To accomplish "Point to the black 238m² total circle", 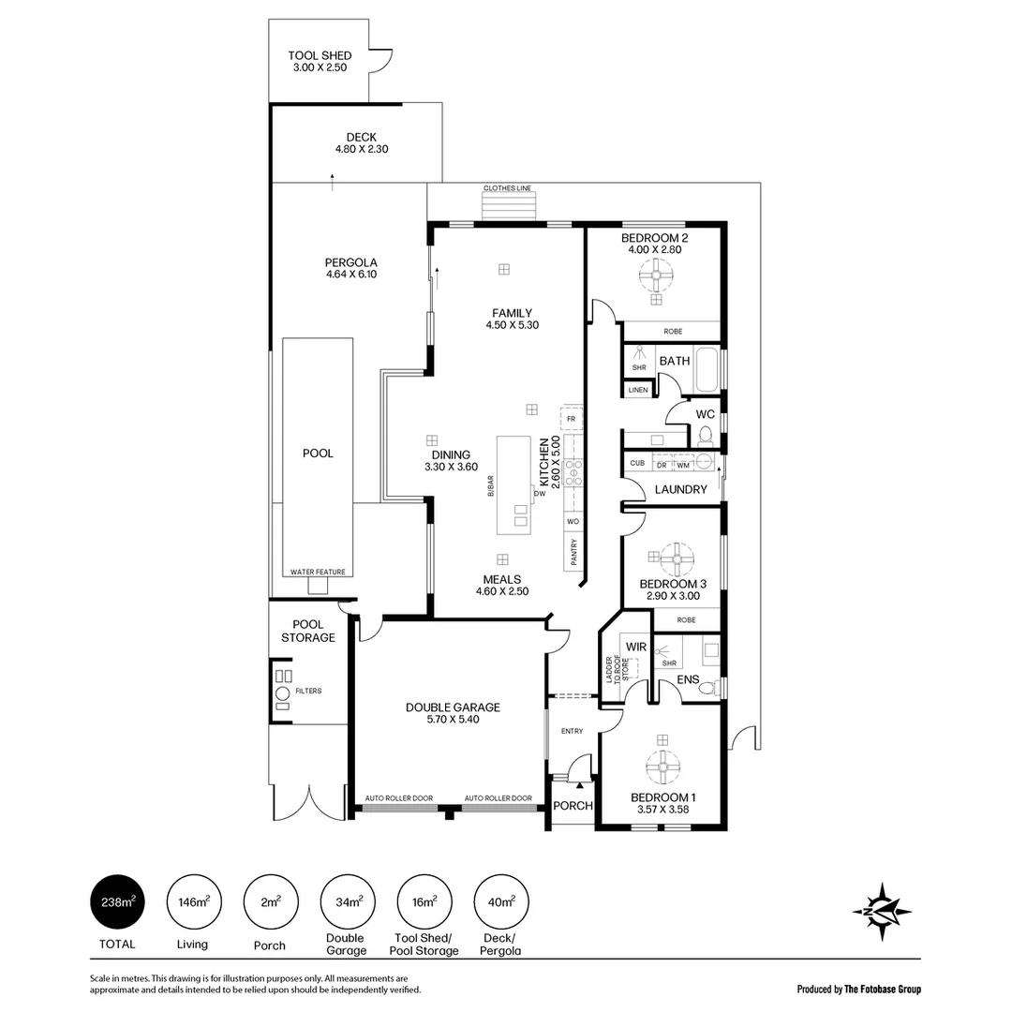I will pos(118,902).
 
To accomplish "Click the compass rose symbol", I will pos(882,910).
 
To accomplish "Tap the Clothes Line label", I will pos(507,188).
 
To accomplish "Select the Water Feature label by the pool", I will pos(319,572).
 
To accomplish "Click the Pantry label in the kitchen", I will pos(573,552).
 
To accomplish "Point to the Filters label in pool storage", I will pos(308,691).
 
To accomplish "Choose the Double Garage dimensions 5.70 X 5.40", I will pos(453,720).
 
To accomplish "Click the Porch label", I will pos(573,806).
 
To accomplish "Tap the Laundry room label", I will pos(680,489).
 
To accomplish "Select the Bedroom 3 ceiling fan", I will pos(674,560).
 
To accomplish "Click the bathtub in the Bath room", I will pos(707,371).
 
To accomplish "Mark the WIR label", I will pos(637,646).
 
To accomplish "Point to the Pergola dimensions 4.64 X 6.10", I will pos(351,275).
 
